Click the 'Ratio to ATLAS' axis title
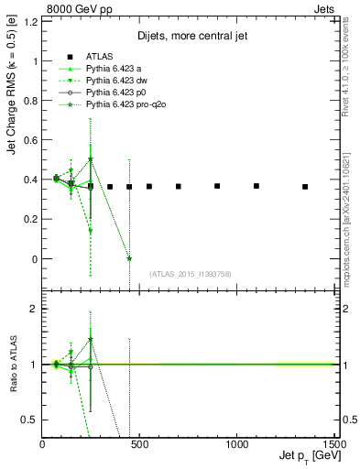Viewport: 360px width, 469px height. point(13,366)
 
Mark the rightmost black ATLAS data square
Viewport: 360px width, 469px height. point(305,187)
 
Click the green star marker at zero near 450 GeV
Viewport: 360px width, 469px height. point(129,258)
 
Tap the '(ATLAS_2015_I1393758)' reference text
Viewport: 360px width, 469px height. point(190,274)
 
